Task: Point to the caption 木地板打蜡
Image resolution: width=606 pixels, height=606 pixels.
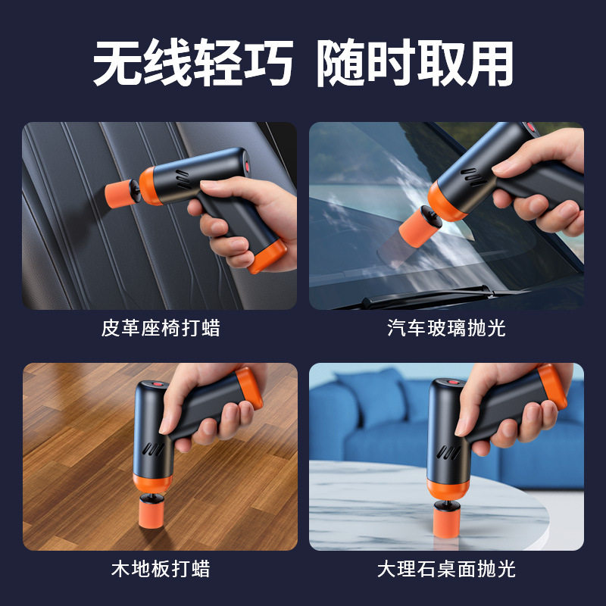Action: click(160, 568)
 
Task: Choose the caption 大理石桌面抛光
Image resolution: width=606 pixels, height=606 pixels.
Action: click(446, 568)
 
